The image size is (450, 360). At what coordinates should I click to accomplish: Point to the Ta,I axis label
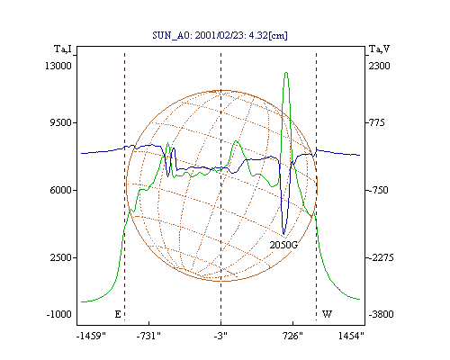point(63,49)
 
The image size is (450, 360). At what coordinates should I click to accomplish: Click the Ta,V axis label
point(379,49)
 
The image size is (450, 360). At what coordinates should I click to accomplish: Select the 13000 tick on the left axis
point(58,66)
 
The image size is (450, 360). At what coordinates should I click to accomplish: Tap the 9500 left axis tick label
point(60,122)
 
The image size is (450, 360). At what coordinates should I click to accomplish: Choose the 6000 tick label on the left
point(60,190)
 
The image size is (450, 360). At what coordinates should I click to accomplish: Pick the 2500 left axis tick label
point(61,257)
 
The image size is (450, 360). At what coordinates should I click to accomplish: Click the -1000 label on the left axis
point(59,314)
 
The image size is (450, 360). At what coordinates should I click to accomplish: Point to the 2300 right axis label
point(379,66)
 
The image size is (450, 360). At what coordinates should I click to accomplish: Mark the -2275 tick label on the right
point(381,257)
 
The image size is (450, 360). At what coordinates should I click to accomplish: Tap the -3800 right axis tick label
point(381,314)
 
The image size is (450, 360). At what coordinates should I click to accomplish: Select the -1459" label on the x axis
point(91,336)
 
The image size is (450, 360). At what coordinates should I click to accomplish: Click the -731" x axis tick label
point(148,336)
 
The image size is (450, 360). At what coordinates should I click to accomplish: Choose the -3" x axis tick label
point(220,336)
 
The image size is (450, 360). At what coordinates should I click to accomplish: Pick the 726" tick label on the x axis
point(292,336)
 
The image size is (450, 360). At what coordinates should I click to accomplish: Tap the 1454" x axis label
point(351,336)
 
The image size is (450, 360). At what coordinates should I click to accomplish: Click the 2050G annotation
point(283,245)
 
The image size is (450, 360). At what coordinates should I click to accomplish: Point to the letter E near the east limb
point(118,314)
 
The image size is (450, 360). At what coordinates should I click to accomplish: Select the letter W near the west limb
point(327,314)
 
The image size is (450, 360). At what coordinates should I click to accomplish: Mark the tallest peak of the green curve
point(286,73)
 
